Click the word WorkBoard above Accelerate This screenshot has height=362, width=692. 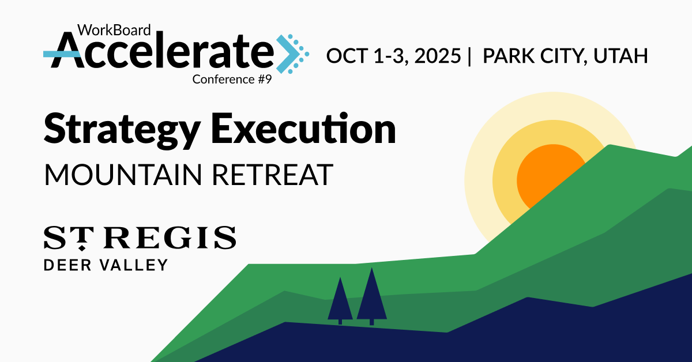pos(114,30)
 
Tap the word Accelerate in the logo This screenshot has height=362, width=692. pos(159,50)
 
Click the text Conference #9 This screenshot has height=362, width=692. pos(232,80)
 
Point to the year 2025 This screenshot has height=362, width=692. pos(438,56)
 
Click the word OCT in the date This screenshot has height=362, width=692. pos(347,56)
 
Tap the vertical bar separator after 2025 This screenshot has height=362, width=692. pos(470,56)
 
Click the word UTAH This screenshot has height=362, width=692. pos(620,56)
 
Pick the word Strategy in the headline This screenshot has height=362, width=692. pos(122,130)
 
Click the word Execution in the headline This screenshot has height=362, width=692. pos(303,129)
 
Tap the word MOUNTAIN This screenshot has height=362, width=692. pos(123,175)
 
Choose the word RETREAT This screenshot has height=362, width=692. pos(272,175)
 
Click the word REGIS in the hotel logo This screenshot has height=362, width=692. pos(170,237)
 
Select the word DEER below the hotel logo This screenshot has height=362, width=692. pos(67,265)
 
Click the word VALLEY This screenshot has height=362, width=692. pos(133,265)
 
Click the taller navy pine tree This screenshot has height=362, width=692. pos(371,296)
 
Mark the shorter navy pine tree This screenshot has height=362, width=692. pos(340,300)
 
